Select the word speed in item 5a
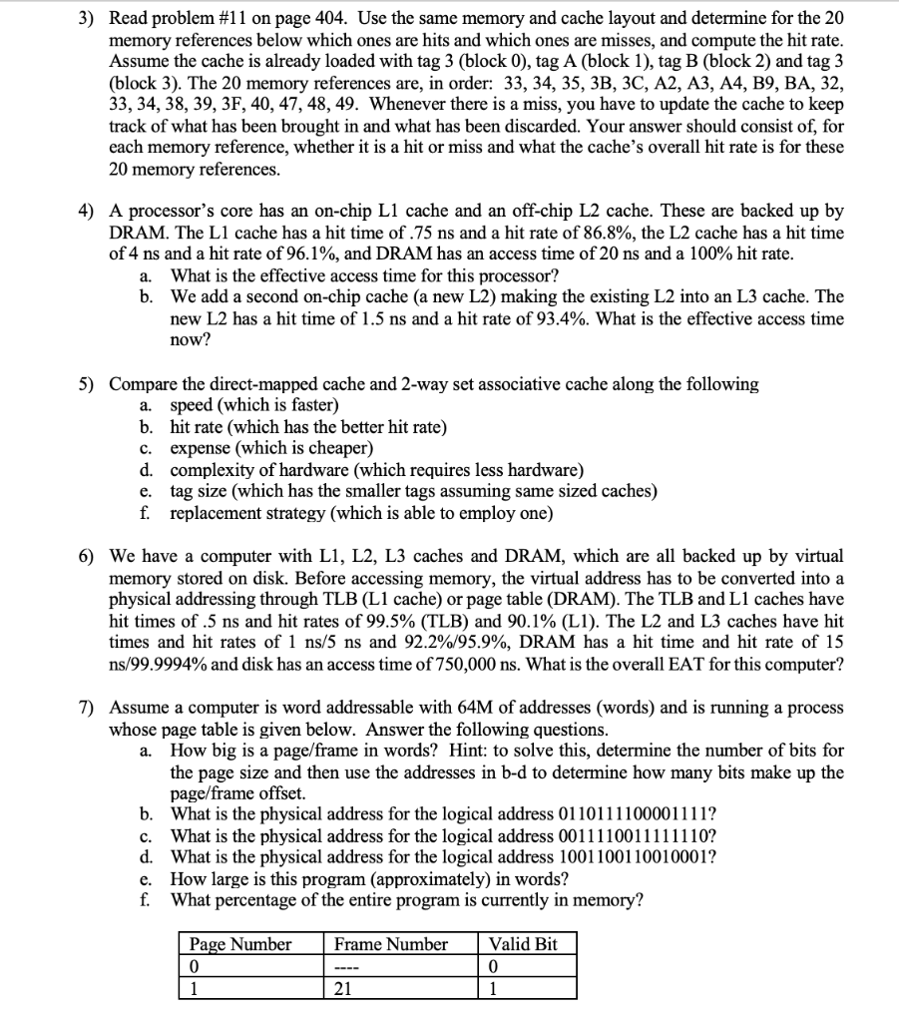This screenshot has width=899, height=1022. pos(194,405)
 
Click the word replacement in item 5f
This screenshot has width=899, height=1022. pos(218,513)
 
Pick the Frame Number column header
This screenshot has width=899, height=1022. pos(391,944)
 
